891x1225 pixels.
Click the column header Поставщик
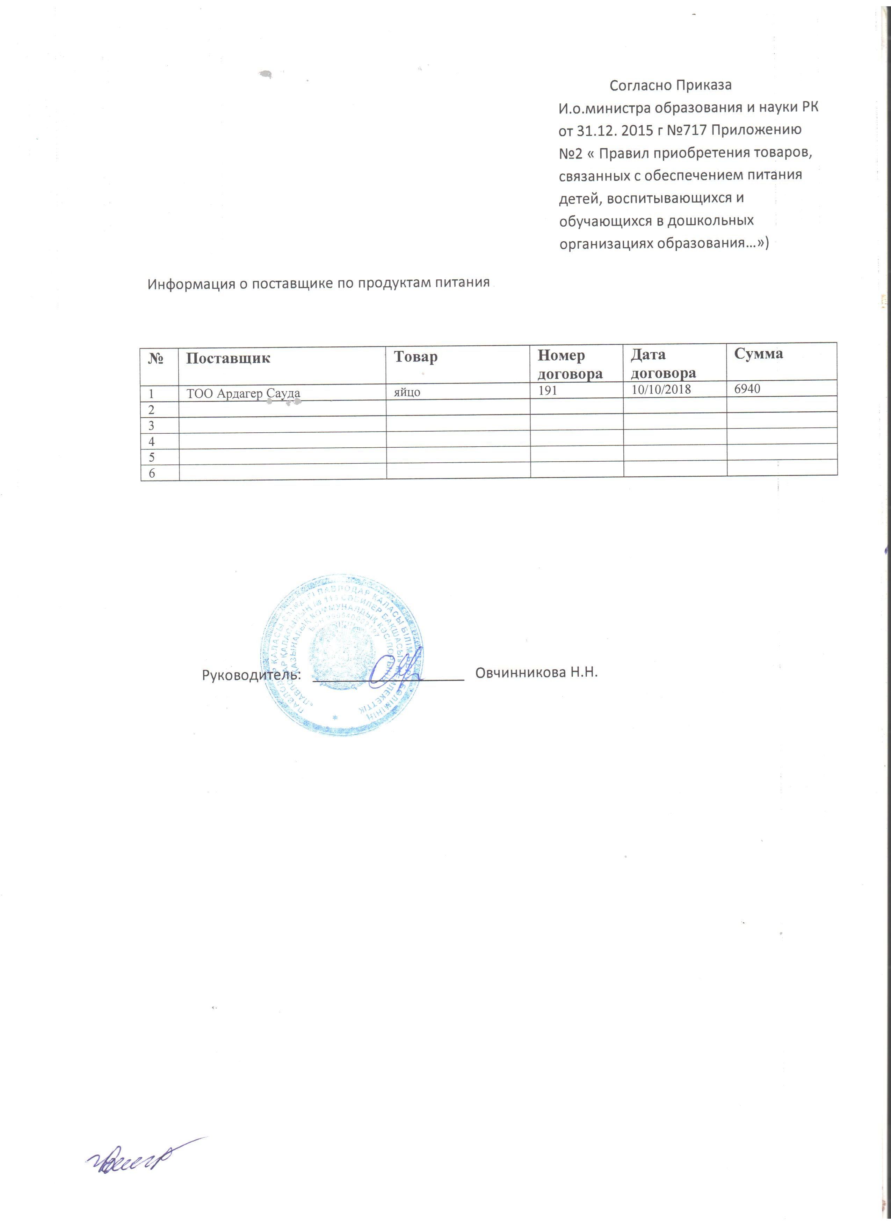pyautogui.click(x=228, y=358)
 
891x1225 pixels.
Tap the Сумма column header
pyautogui.click(x=758, y=354)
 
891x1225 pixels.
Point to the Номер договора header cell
pyautogui.click(x=570, y=364)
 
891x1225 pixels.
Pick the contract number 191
pyautogui.click(x=547, y=390)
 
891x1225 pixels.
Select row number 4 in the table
pyautogui.click(x=152, y=442)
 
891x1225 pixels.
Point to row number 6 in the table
pyautogui.click(x=152, y=473)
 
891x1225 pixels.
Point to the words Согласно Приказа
pyautogui.click(x=670, y=85)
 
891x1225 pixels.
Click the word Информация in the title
pyautogui.click(x=190, y=284)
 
